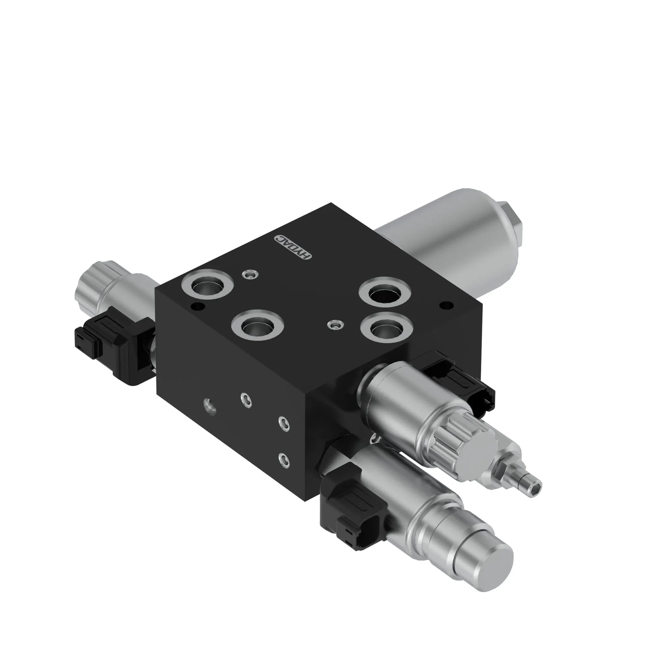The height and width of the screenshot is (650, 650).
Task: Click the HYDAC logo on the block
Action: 293,247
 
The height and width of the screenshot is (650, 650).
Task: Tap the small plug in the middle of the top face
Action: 335,325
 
